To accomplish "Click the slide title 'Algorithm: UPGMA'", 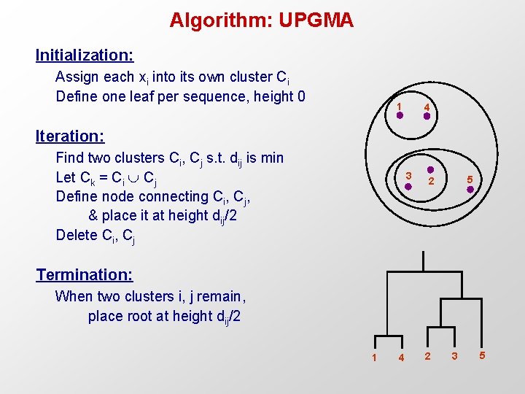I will (x=261, y=20).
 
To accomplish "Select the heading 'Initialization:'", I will (x=85, y=55).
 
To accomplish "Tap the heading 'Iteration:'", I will (x=70, y=136).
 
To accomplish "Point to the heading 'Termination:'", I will (x=85, y=274).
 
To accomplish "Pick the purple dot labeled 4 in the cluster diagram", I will (x=427, y=115).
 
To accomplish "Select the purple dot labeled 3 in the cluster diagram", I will (x=408, y=187).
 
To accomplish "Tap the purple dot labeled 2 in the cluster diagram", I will (x=430, y=171).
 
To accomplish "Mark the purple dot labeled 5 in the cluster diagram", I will (x=471, y=190).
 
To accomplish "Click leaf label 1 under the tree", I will (x=374, y=358).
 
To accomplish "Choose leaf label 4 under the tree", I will (x=401, y=358).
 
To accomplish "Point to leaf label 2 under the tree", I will (x=427, y=356).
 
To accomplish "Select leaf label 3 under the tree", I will (x=454, y=356).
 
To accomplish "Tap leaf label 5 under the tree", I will (x=481, y=355).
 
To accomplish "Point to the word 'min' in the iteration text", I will (x=271, y=158).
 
